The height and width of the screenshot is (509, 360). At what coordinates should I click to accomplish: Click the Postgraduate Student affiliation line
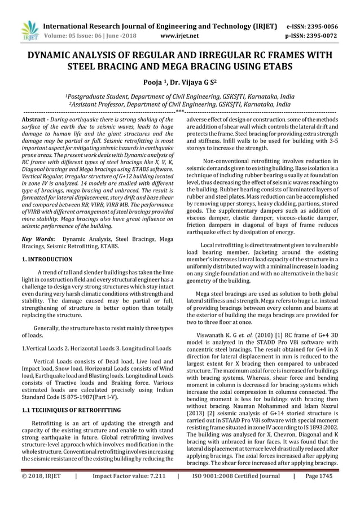pyautogui.click(x=179, y=96)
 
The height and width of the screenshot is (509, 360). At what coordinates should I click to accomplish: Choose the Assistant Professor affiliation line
pyautogui.click(x=179, y=104)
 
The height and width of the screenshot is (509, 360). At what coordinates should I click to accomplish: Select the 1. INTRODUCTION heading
pyautogui.click(x=47, y=260)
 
